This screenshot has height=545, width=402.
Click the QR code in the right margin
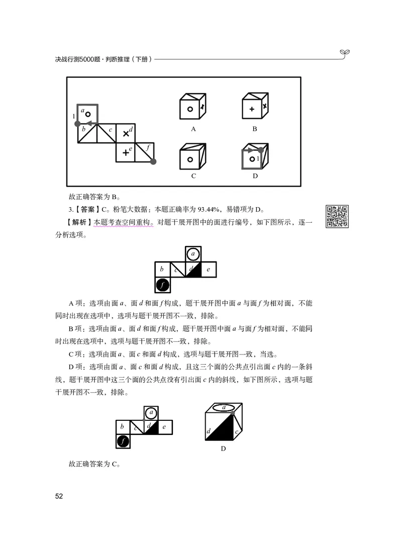337,216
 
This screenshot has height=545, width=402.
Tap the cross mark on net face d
126,133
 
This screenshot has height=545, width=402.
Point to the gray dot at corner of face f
153,161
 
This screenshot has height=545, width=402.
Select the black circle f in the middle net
162,285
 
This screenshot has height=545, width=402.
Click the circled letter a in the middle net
193,253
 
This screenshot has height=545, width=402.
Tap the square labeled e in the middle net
209,269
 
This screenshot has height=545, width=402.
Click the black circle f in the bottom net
123,441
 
